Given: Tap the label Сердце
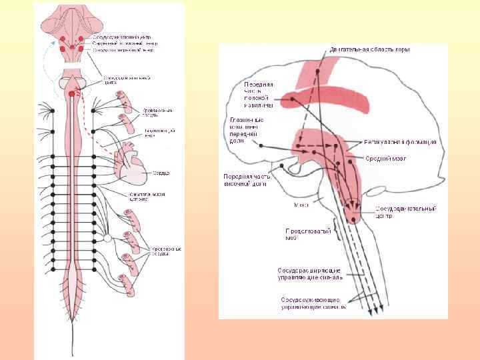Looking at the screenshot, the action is point(161,173).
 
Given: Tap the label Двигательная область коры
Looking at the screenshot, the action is point(370,49).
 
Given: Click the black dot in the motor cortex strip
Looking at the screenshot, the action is point(319,71).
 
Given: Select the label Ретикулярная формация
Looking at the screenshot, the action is point(401,142).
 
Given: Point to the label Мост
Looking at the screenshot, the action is point(301,205).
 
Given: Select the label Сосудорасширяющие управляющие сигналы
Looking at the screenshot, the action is point(311,273).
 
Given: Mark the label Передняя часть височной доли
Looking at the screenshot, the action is point(244,181).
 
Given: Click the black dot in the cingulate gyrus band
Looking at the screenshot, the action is point(293,101).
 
